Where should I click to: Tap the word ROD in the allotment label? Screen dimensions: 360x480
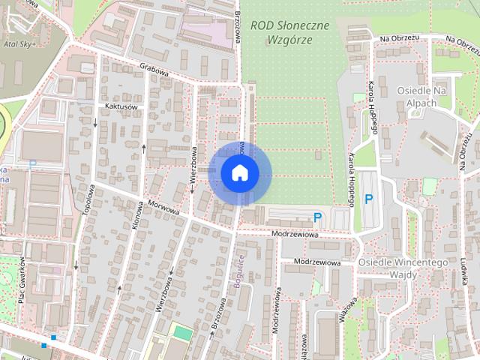[x=264, y=25]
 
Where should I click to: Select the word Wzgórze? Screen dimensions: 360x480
[x=288, y=41]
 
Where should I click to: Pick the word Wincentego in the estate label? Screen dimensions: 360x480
[x=421, y=262]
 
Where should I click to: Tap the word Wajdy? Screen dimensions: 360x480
[x=403, y=275]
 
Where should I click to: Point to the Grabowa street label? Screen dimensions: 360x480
[x=155, y=70]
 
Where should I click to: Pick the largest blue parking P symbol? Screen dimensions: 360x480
[x=368, y=199]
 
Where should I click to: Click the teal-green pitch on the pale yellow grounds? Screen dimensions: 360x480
[x=181, y=331]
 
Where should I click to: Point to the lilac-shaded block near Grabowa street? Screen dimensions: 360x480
[x=205, y=28]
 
